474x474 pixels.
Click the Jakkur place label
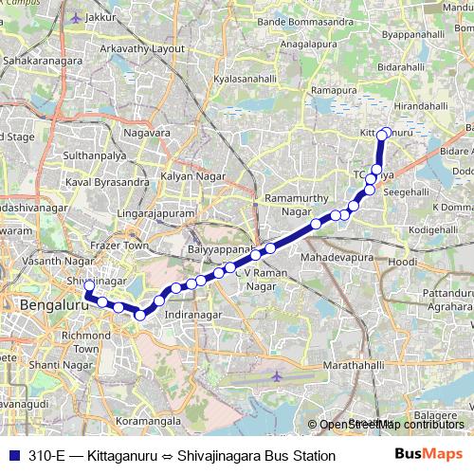pyautogui.click(x=105, y=17)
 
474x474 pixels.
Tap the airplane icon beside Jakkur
pyautogui.click(x=77, y=17)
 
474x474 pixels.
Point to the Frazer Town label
pyautogui.click(x=122, y=245)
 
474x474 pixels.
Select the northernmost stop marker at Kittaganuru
pyautogui.click(x=383, y=135)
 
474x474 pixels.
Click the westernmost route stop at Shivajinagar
pyautogui.click(x=89, y=284)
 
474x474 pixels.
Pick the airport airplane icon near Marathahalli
pyautogui.click(x=276, y=376)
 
